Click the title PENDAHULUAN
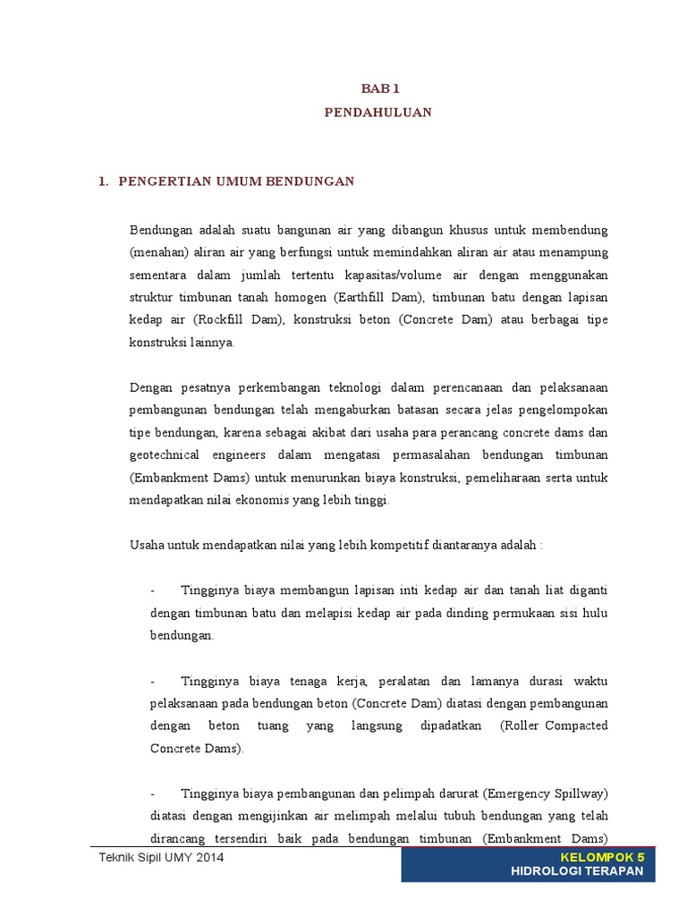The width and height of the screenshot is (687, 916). pyautogui.click(x=377, y=112)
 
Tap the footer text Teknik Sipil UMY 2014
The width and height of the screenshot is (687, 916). pyautogui.click(x=161, y=858)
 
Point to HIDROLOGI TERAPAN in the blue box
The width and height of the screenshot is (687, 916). pyautogui.click(x=577, y=872)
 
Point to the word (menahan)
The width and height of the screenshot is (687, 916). pyautogui.click(x=158, y=250)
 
